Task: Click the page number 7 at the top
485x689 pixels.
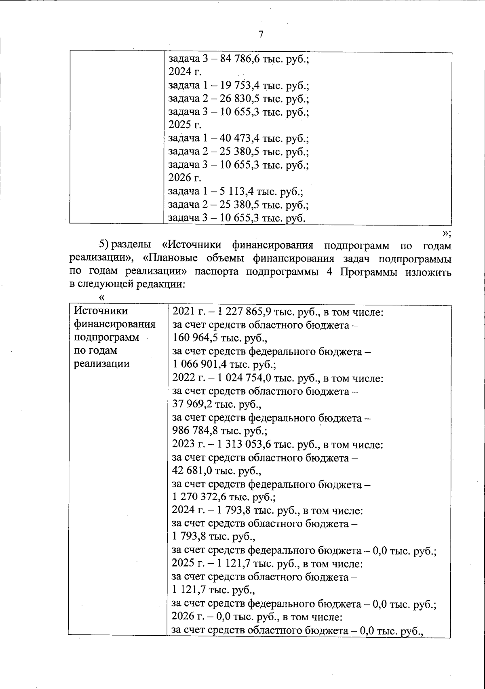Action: pyautogui.click(x=261, y=35)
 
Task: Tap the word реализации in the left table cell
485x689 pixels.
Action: pyautogui.click(x=101, y=364)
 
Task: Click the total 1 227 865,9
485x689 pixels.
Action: pyautogui.click(x=245, y=312)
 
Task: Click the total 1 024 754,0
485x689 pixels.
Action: pyautogui.click(x=245, y=379)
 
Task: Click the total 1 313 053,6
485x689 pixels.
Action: pyautogui.click(x=245, y=445)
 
